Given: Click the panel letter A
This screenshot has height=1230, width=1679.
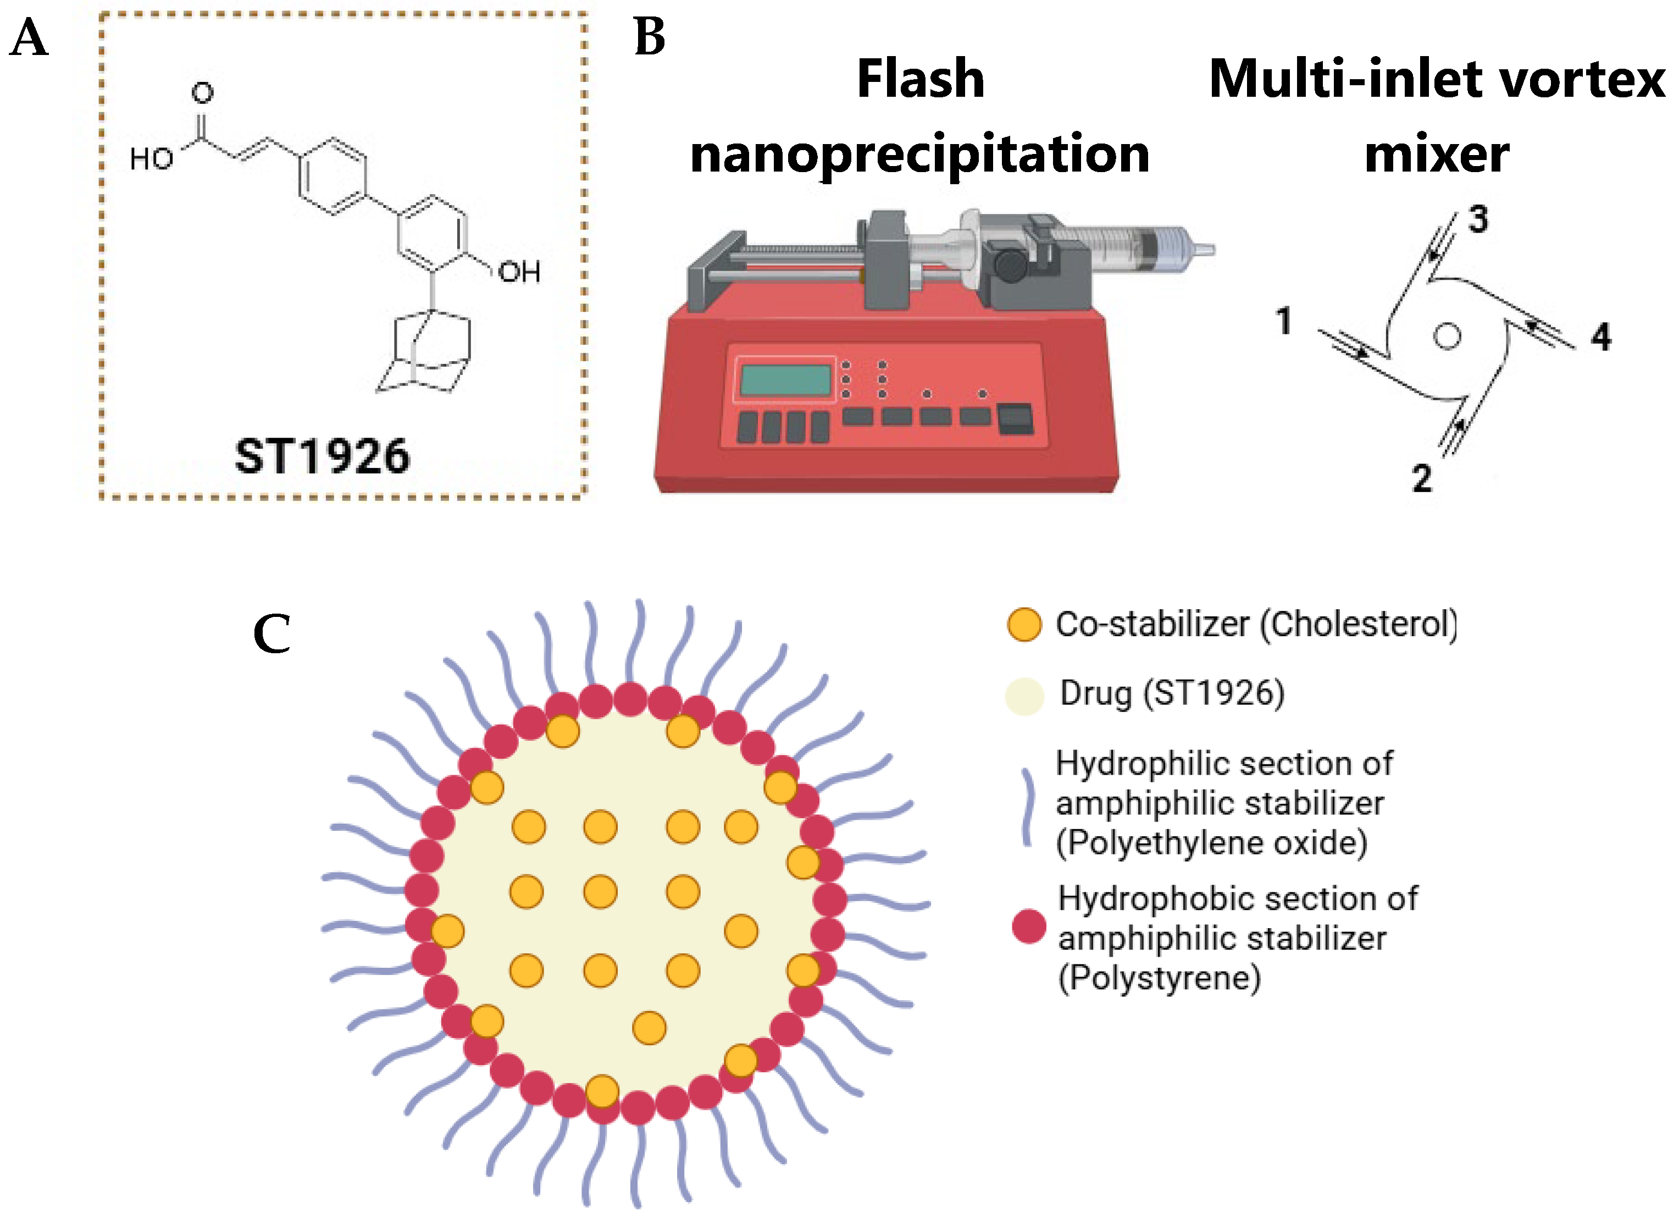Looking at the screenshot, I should tap(28, 38).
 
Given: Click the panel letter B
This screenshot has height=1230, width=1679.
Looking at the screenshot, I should tap(649, 37).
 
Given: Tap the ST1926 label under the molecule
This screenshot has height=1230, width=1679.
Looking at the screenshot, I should tap(322, 456).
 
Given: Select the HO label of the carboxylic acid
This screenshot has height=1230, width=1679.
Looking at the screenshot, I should tap(151, 158).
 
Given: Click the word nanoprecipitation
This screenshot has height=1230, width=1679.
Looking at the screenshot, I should tap(920, 154).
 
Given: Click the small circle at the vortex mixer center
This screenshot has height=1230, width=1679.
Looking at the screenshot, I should tap(1447, 336).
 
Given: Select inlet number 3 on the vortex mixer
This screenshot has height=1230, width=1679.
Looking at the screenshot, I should tap(1478, 219).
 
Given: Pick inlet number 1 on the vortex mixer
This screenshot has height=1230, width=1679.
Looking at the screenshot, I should tap(1283, 321).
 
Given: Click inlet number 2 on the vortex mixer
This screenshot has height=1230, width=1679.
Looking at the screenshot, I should tap(1421, 478).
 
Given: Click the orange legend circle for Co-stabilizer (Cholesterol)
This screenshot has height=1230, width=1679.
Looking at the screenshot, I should tap(1024, 624).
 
